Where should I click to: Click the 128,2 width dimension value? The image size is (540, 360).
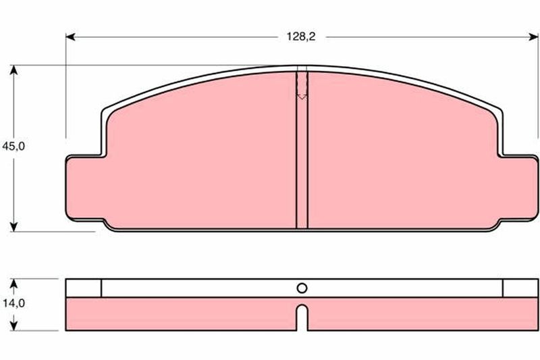point(301,36)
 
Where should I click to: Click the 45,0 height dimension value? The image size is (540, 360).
point(13,147)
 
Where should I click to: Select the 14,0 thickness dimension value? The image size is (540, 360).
point(13,303)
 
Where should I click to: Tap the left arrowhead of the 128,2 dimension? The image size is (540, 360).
point(70,37)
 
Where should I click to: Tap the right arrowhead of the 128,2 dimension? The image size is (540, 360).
point(533,37)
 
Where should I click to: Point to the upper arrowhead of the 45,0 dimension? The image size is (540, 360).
point(13,70)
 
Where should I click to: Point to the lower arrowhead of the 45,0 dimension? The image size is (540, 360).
point(13,227)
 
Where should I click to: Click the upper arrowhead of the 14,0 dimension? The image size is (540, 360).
point(13,284)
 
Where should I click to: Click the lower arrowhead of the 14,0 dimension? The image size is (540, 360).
point(13,326)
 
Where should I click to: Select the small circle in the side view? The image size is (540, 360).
point(302,288)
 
